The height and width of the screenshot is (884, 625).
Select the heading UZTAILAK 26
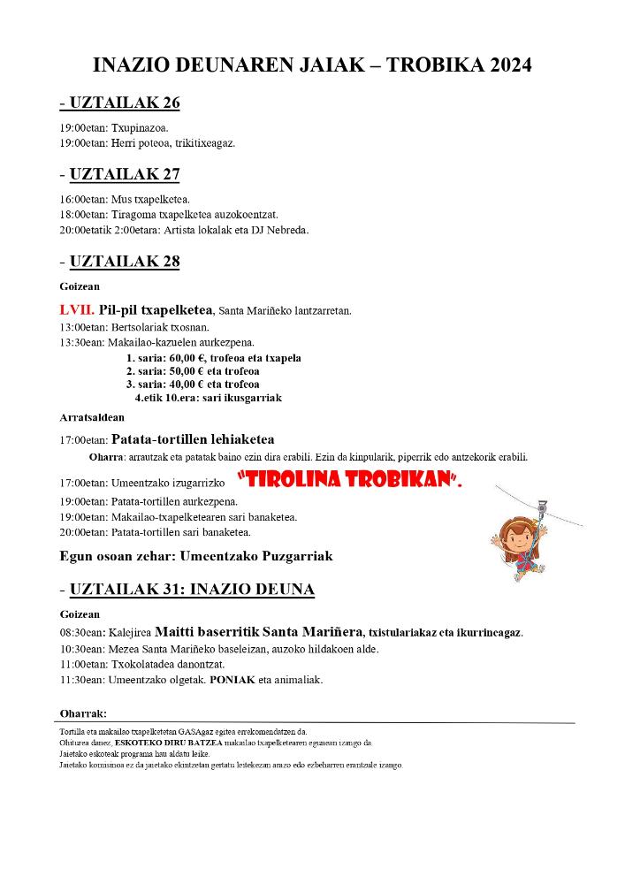[124, 103]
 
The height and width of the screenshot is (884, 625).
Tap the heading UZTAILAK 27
[124, 174]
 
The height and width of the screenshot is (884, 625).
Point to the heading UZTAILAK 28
[124, 262]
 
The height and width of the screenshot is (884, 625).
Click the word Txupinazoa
[140, 127]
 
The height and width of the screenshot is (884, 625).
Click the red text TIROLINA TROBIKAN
[350, 482]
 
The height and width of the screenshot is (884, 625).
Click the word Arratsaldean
[92, 417]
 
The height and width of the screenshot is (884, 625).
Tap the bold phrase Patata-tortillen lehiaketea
[193, 439]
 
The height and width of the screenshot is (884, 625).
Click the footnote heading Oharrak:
[83, 713]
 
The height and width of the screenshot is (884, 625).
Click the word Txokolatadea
[146, 664]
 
